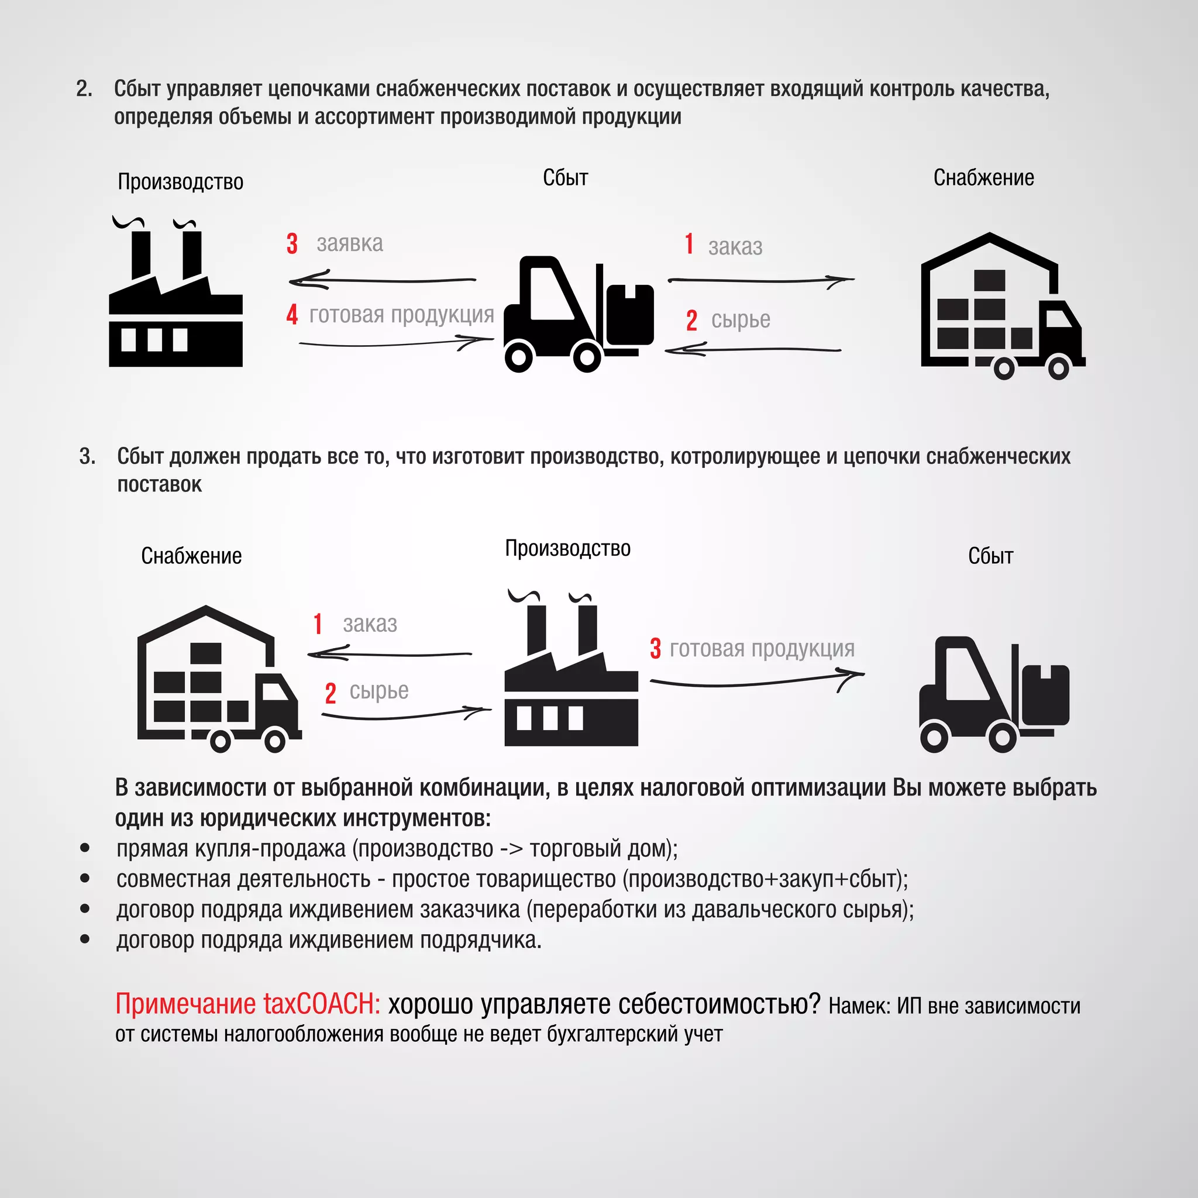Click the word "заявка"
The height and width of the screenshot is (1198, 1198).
[x=350, y=244]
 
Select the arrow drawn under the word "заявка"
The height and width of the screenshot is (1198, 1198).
[x=382, y=281]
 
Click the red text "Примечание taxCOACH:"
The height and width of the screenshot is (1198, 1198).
[x=247, y=1004]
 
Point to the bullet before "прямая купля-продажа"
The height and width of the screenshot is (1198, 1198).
[x=85, y=848]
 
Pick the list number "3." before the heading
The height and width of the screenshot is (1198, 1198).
[x=87, y=456]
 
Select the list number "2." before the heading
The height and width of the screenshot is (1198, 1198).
[x=84, y=89]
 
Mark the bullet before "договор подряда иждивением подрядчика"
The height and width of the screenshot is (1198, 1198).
[x=85, y=939]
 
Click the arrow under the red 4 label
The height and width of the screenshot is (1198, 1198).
[x=397, y=342]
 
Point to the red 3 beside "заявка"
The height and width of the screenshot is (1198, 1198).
[x=292, y=244]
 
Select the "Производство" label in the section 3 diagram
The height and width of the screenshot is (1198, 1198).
[x=567, y=549]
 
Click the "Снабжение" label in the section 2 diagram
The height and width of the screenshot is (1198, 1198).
[x=983, y=178]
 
